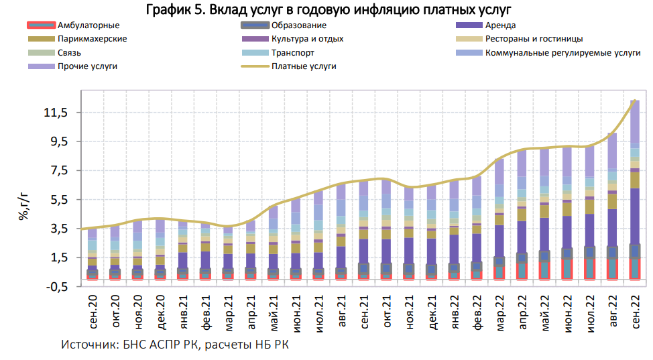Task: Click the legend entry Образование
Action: pyautogui.click(x=299, y=25)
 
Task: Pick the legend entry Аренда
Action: pyautogui.click(x=499, y=25)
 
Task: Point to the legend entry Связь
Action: pyautogui.click(x=70, y=53)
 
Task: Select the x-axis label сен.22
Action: pyautogui.click(x=633, y=312)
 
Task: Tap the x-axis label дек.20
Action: pyautogui.click(x=160, y=312)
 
